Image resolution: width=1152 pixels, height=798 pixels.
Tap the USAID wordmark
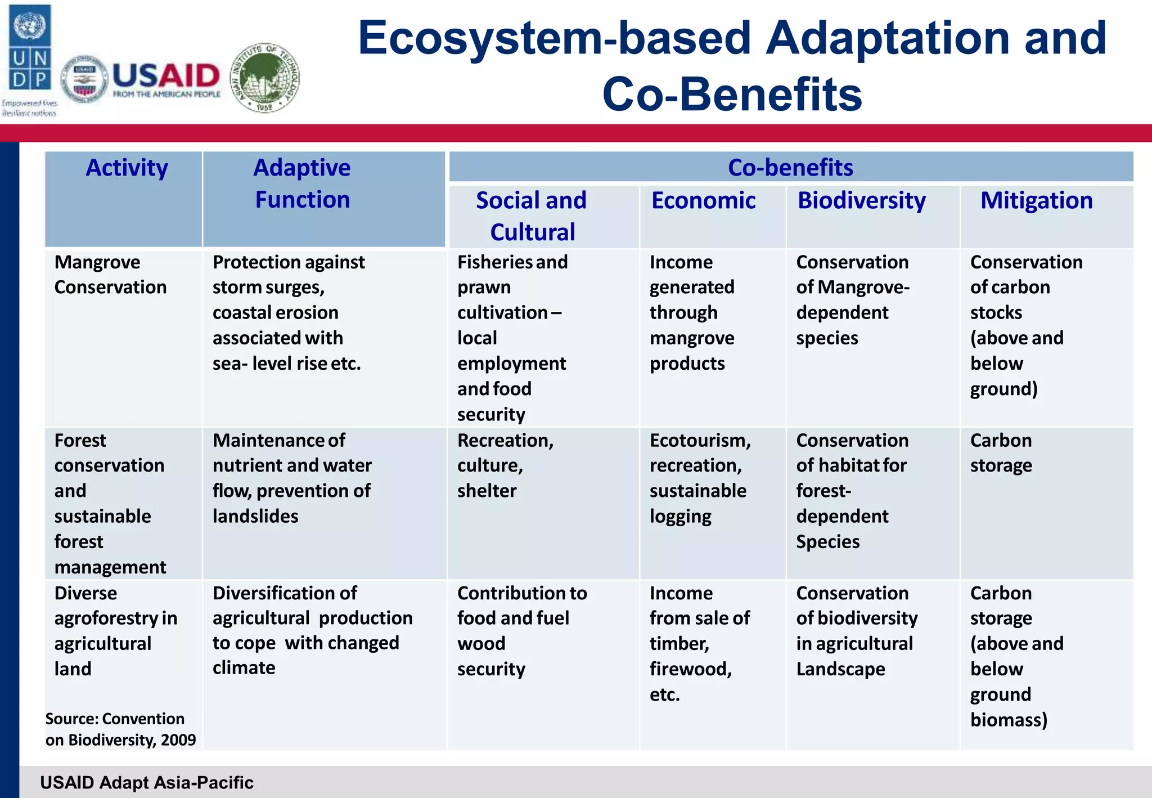tap(166, 75)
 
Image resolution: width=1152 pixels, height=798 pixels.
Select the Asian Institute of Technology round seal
tap(265, 78)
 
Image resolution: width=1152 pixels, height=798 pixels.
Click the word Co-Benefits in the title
tap(732, 95)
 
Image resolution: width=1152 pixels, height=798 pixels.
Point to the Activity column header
tap(127, 168)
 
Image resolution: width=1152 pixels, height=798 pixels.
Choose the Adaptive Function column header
tap(302, 183)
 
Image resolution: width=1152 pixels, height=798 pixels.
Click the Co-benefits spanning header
tap(790, 168)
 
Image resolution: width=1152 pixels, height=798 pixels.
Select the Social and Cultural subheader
tap(532, 216)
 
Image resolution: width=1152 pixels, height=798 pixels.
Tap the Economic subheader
tap(703, 201)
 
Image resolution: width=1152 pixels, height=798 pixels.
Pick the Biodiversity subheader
tap(861, 201)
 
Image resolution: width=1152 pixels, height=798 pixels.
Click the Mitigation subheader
tap(1036, 201)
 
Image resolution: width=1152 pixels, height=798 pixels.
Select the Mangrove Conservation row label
tap(110, 275)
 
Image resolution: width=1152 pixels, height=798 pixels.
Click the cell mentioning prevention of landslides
tap(292, 478)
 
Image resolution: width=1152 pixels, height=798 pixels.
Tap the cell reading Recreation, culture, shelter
tap(505, 465)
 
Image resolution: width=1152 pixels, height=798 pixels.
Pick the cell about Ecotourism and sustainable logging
tap(700, 478)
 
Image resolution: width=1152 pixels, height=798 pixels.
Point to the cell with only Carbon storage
tap(1001, 453)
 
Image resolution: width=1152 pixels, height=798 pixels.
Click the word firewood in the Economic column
tap(690, 669)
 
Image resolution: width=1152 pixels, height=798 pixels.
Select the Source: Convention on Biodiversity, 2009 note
tap(120, 729)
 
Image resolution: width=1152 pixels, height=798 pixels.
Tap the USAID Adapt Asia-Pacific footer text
tap(147, 782)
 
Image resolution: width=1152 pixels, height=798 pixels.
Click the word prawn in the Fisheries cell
tap(484, 288)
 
